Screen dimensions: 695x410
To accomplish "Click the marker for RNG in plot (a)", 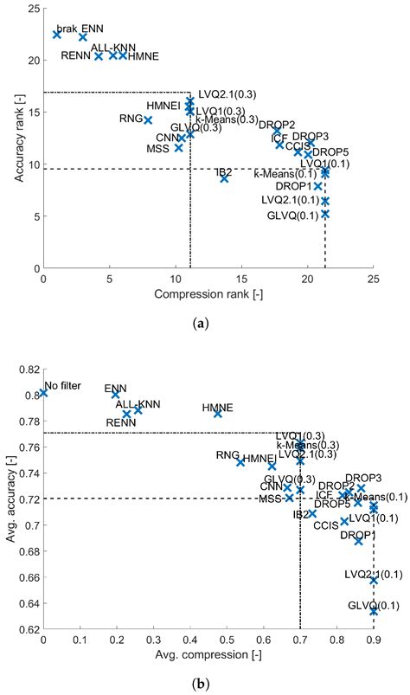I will [148, 119].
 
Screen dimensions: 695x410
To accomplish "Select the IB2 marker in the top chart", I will [224, 178].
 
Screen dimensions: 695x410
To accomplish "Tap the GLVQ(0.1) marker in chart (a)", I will [325, 214].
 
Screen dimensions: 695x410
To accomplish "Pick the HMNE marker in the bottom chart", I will [218, 414].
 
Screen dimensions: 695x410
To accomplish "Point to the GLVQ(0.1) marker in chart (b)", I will [374, 611].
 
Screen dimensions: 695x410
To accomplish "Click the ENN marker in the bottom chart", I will [115, 395].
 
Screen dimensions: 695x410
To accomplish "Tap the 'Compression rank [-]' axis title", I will [208, 294].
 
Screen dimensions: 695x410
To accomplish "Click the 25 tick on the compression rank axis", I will [373, 280].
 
